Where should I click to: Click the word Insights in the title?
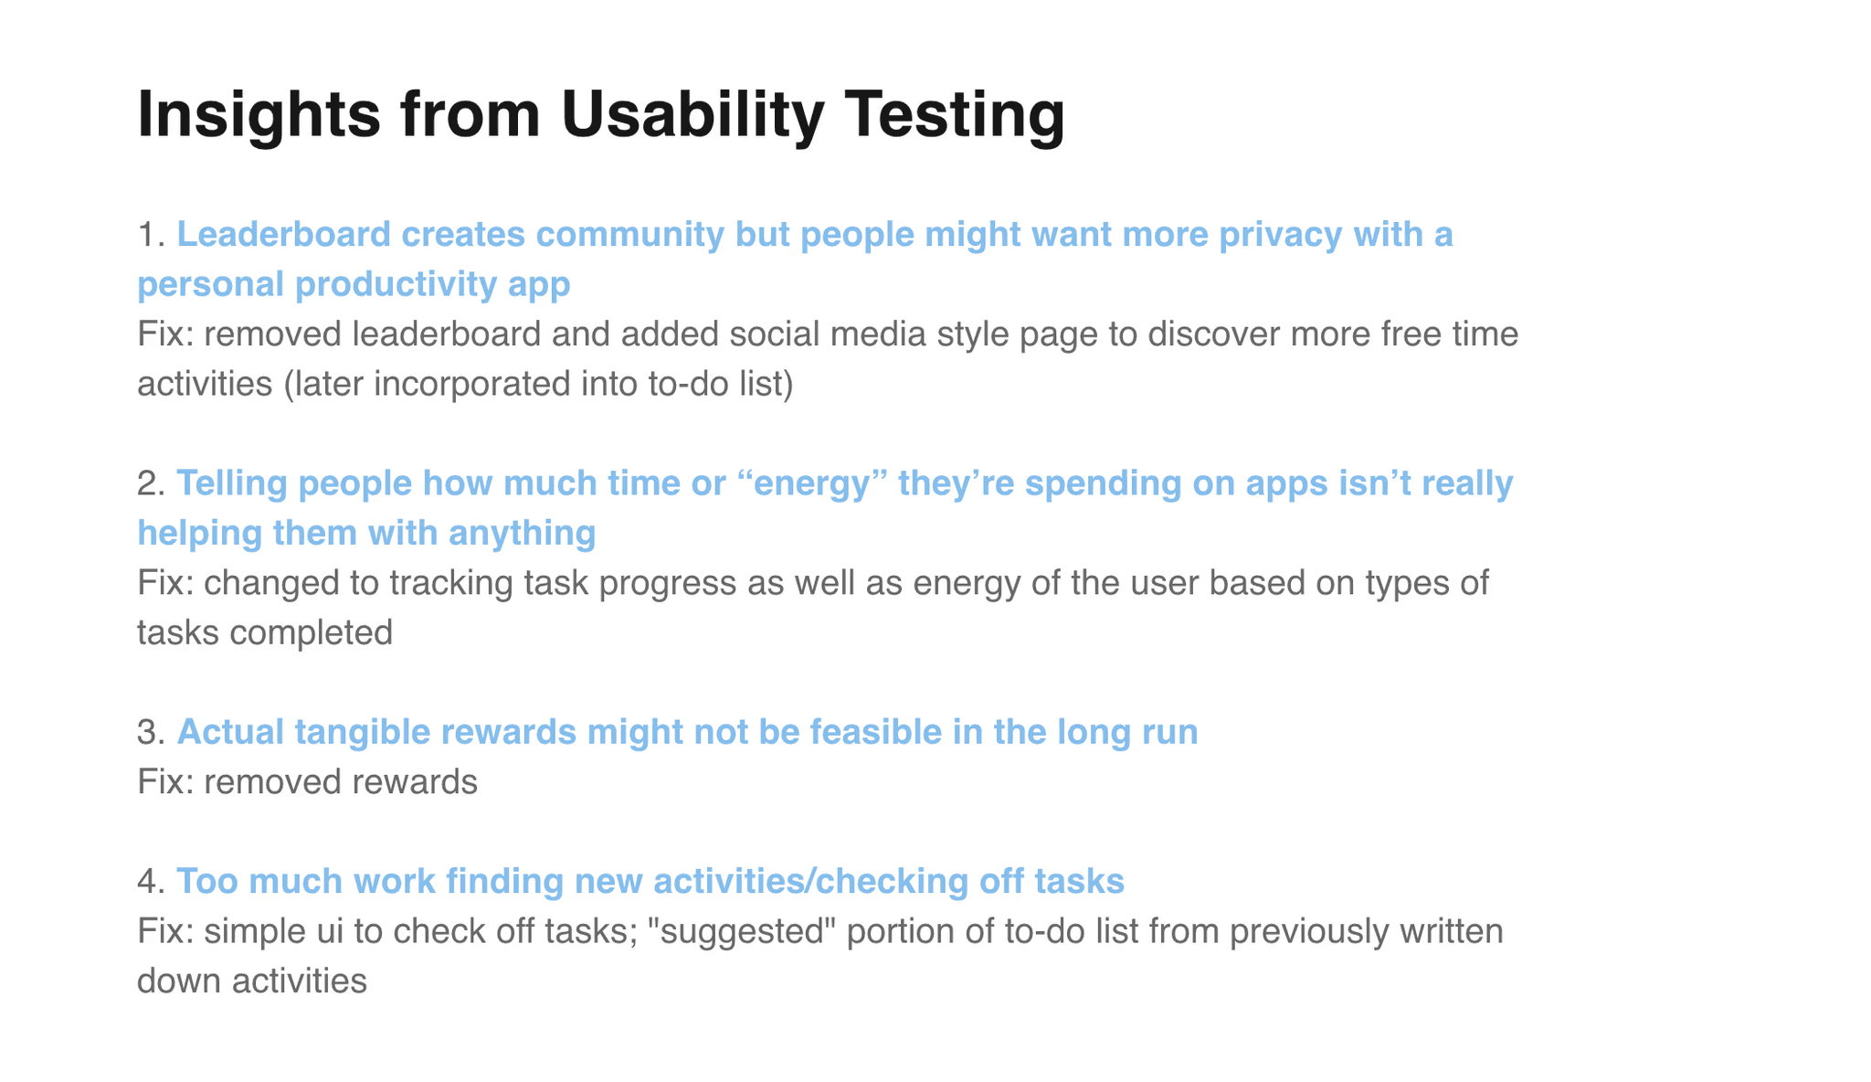point(259,116)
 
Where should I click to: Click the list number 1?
point(151,235)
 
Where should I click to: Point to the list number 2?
point(151,483)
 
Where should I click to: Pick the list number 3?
point(151,732)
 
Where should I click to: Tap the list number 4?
point(151,881)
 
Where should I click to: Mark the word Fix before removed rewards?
point(164,782)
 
